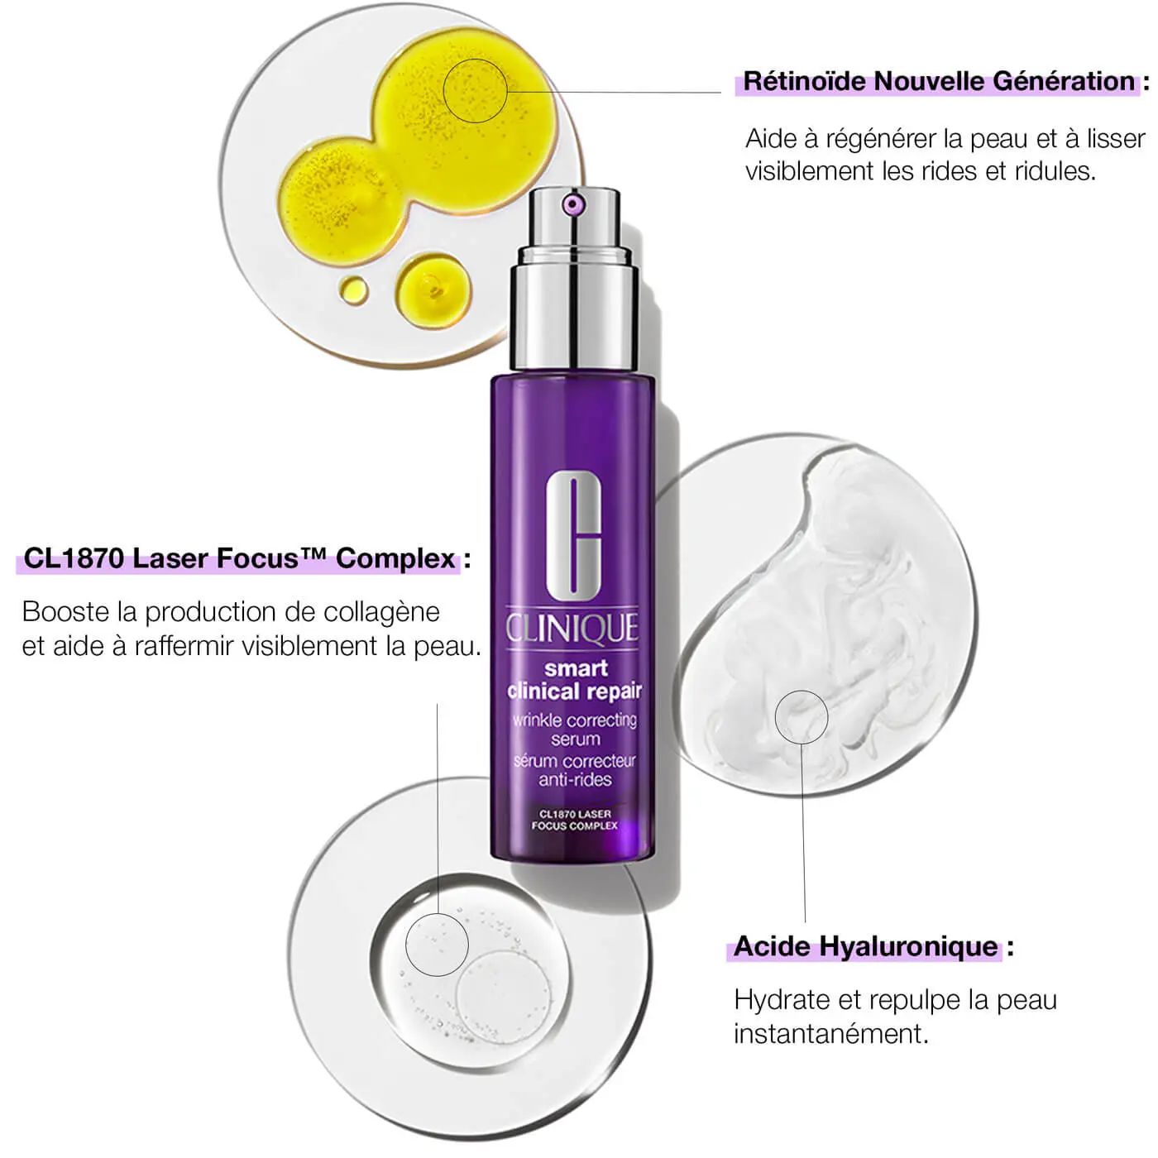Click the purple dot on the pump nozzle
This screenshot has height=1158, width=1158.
(x=572, y=205)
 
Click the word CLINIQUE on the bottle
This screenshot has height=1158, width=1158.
(x=572, y=629)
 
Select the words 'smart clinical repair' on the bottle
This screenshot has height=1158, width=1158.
(x=575, y=680)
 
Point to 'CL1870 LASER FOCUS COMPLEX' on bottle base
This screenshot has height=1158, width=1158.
(x=575, y=821)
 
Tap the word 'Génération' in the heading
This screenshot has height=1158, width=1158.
(x=1064, y=81)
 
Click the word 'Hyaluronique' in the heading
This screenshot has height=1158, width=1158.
(x=908, y=946)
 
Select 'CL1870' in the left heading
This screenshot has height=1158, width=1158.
(x=74, y=558)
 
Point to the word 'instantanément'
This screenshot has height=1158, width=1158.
(x=830, y=1034)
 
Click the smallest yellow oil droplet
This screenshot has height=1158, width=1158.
(x=354, y=290)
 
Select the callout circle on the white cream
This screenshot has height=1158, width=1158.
(x=775, y=717)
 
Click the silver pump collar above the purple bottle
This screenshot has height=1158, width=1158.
(x=574, y=307)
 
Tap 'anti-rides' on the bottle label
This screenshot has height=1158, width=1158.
(x=575, y=779)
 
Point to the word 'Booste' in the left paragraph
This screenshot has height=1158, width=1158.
(x=65, y=612)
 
